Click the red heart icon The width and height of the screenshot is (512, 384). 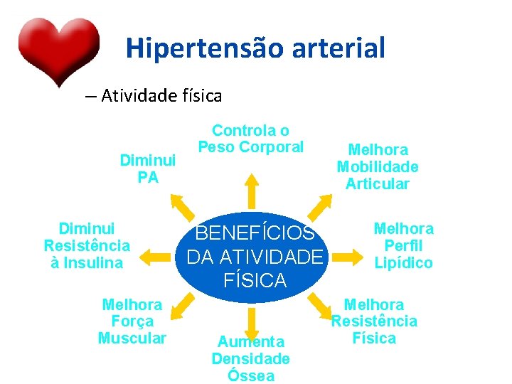[x=58, y=48]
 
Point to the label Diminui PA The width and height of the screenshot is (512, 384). [x=148, y=169]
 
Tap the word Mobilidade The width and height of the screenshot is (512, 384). [x=377, y=167]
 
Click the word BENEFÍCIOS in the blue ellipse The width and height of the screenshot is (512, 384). [x=255, y=233]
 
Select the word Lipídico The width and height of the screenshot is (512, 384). [x=403, y=263]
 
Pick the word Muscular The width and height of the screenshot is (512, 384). [x=132, y=338]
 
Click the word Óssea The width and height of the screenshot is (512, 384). [x=251, y=376]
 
